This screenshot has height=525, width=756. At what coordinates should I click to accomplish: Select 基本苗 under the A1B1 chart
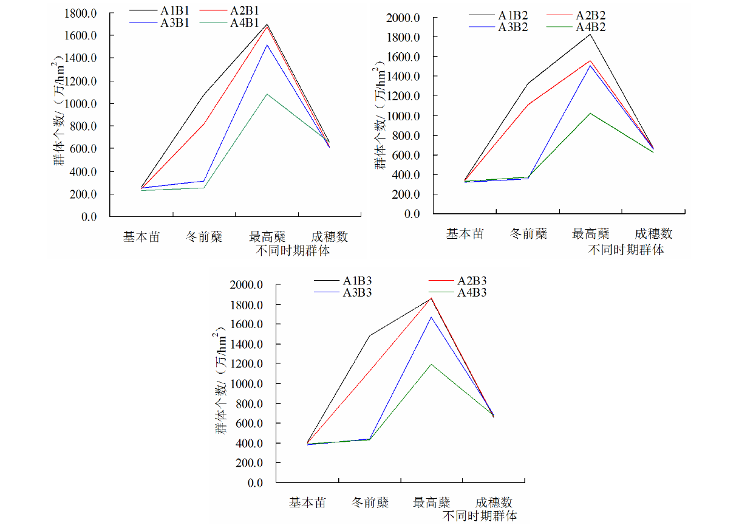[141, 236]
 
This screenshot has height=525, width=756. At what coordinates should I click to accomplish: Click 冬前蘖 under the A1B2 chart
[528, 234]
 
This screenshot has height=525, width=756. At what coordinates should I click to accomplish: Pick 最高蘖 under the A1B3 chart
[432, 503]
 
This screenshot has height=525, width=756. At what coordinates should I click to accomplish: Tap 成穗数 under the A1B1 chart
[329, 236]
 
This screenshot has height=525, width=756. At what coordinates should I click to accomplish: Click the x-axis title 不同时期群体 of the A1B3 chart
[480, 516]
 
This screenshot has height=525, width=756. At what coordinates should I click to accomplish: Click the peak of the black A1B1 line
[267, 24]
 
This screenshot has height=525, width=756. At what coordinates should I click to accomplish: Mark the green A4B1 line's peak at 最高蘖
[267, 94]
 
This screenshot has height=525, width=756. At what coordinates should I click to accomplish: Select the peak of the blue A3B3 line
[432, 317]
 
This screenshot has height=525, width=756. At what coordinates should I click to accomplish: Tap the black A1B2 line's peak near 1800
[590, 34]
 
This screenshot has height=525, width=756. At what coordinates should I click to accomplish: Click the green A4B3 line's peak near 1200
[432, 365]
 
